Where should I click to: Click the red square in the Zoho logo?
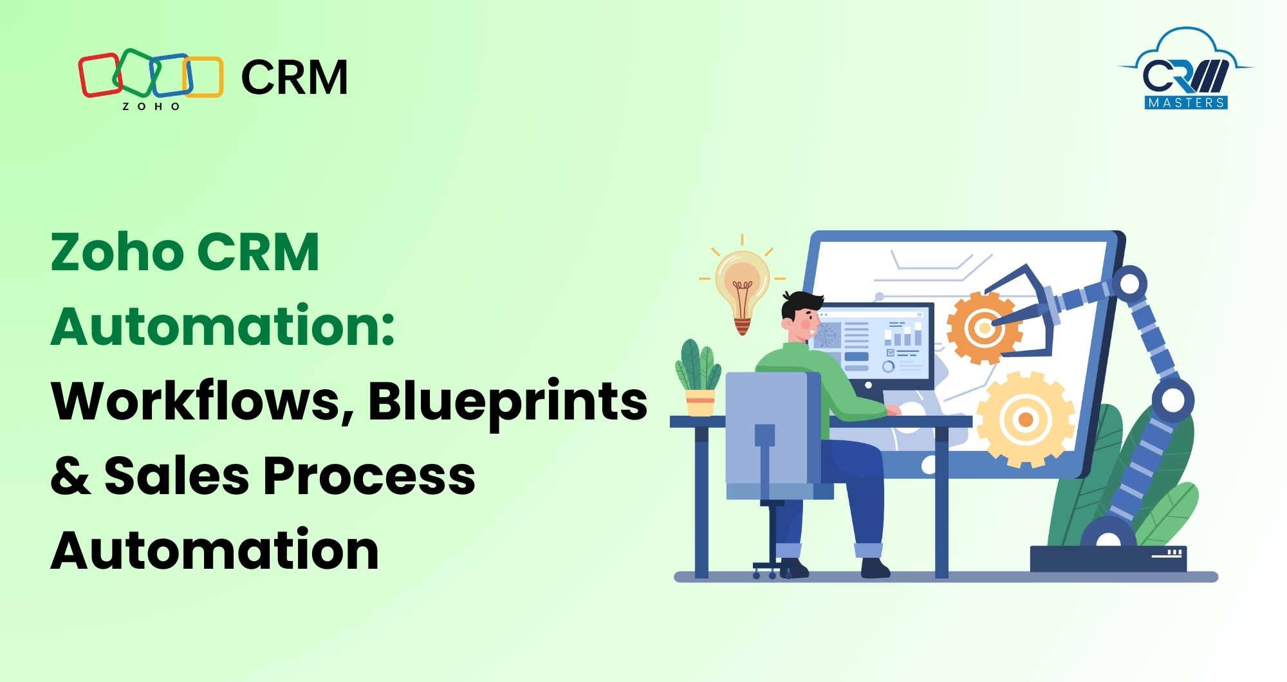pos(99,75)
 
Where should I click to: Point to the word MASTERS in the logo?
pos(1186,102)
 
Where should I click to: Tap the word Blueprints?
pos(508,402)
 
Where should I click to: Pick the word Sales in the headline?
pos(177,476)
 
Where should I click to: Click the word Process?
pos(369,476)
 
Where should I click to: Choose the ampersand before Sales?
pos(70,476)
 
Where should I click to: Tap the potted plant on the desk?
pos(699,380)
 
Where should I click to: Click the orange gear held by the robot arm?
pos(982,327)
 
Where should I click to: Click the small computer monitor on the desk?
pos(875,344)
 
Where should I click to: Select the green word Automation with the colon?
pos(223,326)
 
